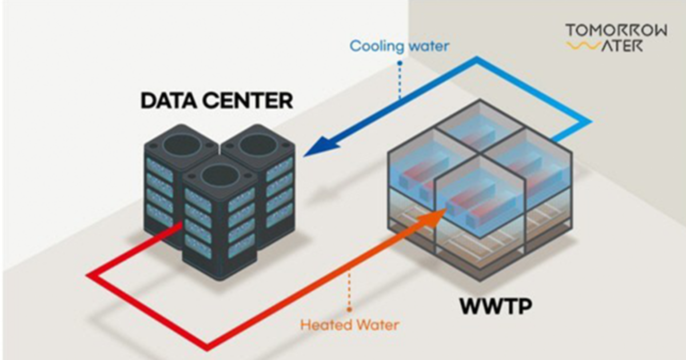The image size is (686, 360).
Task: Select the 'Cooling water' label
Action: pyautogui.click(x=399, y=45)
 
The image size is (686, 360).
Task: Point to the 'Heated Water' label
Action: pyautogui.click(x=349, y=325)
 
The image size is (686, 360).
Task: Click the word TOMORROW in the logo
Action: pyautogui.click(x=616, y=30)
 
